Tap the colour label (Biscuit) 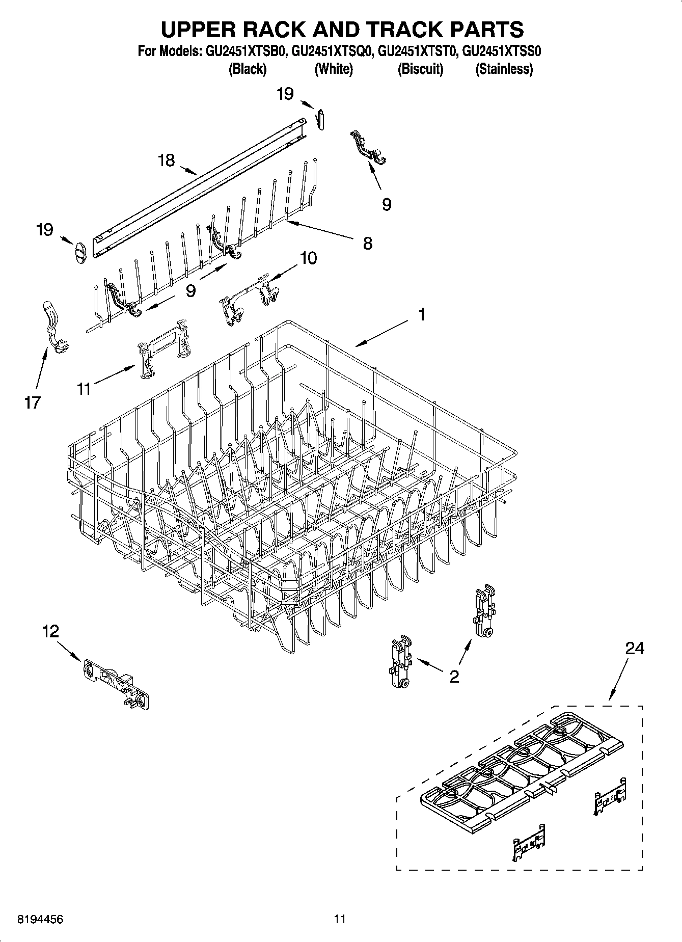420,69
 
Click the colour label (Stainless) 504,69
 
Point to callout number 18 166,160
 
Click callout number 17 32,402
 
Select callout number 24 635,648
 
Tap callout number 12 50,632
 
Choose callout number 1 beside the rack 422,314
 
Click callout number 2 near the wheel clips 454,677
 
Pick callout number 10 308,258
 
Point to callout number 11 84,389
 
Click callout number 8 367,243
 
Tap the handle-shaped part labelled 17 53,326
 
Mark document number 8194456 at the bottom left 41,919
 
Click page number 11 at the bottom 340,919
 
